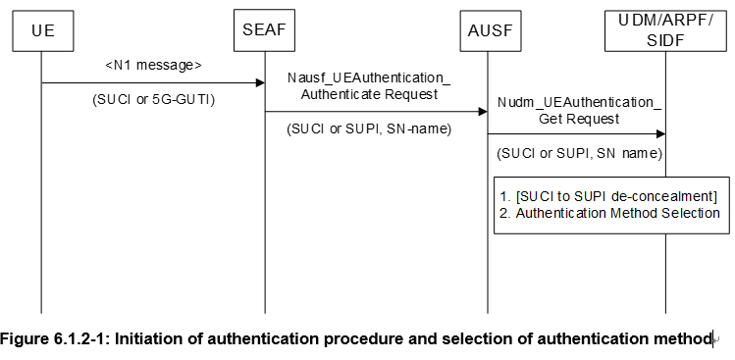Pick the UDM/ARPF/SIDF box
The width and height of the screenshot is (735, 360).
tap(665, 28)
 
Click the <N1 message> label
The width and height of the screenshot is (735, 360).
tap(153, 65)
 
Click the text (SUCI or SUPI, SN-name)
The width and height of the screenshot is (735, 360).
tap(368, 129)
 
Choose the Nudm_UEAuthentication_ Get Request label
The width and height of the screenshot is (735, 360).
tap(579, 110)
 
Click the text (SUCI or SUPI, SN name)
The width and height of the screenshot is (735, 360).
tap(580, 153)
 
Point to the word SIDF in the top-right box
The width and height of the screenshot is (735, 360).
tap(665, 38)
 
